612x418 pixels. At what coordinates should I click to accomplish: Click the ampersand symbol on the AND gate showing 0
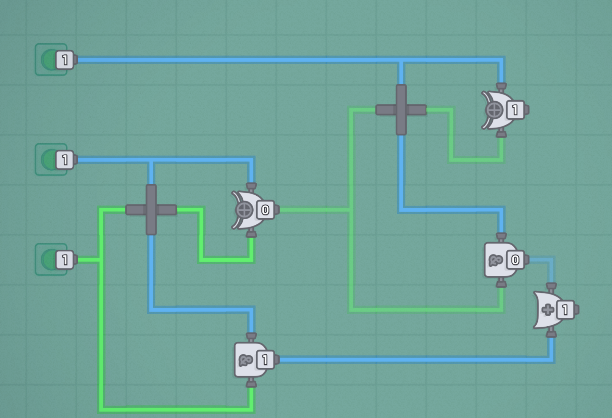495,260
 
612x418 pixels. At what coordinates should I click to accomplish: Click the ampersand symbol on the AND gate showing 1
245,360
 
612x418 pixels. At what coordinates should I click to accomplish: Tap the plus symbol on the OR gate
548,310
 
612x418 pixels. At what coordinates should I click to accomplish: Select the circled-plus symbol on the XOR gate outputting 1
494,110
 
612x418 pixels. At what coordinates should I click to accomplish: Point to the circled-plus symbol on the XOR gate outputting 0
244,210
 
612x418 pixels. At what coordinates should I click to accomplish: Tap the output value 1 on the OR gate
565,310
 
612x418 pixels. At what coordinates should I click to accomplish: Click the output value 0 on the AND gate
515,260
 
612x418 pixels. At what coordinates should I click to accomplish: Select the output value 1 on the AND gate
265,360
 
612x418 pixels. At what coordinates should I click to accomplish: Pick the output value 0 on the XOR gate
265,210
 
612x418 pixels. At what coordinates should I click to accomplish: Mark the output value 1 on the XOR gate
515,110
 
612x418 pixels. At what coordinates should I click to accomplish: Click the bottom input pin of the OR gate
551,333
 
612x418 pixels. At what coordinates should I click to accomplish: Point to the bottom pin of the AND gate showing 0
501,283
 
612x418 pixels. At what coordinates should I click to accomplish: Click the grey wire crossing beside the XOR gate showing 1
401,110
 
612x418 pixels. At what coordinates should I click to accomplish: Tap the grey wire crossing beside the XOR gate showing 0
151,210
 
